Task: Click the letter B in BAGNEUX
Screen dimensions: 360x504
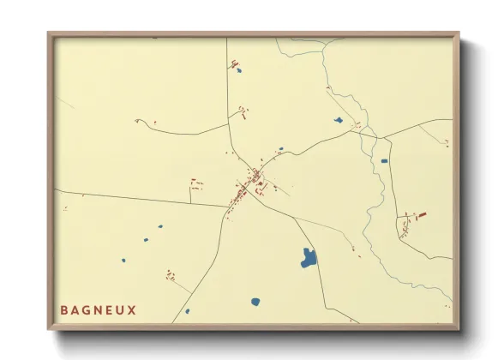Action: pos(64,309)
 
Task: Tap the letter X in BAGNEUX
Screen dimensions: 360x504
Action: pos(131,309)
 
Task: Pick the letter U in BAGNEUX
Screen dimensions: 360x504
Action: pos(120,309)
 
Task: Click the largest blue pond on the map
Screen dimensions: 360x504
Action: pos(309,258)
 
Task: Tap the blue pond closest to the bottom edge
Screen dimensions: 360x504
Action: pos(255,302)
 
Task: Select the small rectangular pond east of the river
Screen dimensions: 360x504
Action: pos(384,160)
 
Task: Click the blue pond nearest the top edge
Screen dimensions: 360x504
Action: pos(238,69)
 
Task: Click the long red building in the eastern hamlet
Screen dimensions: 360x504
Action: pos(420,215)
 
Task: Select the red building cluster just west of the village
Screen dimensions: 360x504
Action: pos(196,183)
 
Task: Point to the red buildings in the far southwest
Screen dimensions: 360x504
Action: pos(171,276)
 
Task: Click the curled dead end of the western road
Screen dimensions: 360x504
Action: pos(138,121)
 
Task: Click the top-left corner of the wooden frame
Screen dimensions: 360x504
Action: pos(50,34)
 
